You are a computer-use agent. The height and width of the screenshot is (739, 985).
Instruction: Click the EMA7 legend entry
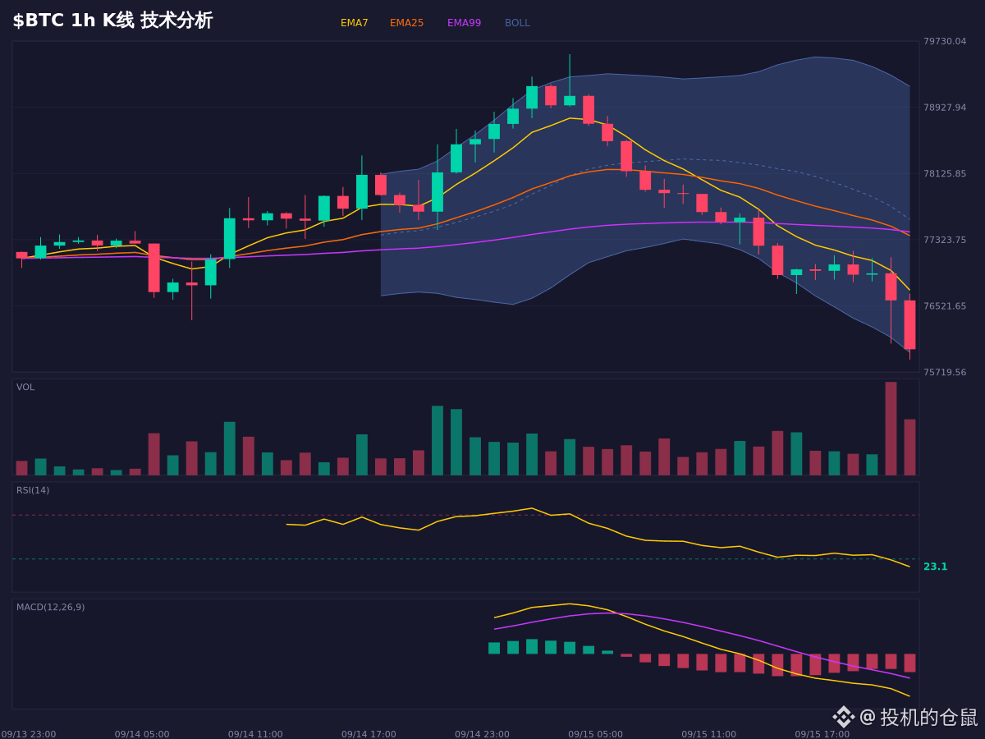tap(354, 23)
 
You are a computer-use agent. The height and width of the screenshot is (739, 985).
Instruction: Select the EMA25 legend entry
tap(406, 23)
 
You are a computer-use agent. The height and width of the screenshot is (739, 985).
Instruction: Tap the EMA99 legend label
tap(464, 23)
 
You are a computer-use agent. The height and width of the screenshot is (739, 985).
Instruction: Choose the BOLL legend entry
tap(517, 23)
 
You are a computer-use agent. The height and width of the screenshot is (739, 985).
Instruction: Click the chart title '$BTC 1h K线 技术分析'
tap(112, 21)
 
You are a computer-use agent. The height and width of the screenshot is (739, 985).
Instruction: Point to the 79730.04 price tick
tap(945, 41)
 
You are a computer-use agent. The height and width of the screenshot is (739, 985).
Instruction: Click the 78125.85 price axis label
tap(945, 173)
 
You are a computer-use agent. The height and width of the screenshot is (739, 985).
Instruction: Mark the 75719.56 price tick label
tap(945, 372)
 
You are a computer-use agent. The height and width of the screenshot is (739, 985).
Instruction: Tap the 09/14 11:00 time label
tap(255, 734)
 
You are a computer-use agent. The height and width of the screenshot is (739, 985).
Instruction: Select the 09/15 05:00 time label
tap(595, 734)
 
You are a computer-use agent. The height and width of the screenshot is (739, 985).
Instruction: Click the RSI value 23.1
tap(935, 567)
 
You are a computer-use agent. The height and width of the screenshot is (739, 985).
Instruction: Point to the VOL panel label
tap(25, 388)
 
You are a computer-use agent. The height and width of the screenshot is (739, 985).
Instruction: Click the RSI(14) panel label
tap(33, 490)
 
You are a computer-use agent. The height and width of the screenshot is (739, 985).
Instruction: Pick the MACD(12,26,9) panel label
tap(50, 607)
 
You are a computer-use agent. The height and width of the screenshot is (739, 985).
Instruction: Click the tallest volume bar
tap(891, 429)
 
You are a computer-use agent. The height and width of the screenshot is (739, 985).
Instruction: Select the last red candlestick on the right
tap(909, 325)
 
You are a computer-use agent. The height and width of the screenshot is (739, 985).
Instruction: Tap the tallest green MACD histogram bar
tap(532, 646)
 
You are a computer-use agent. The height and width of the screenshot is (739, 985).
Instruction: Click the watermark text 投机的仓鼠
tap(928, 718)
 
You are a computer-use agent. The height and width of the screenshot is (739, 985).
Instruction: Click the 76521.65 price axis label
tap(945, 306)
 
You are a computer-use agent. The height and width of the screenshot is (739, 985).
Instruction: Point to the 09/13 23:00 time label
tap(29, 734)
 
